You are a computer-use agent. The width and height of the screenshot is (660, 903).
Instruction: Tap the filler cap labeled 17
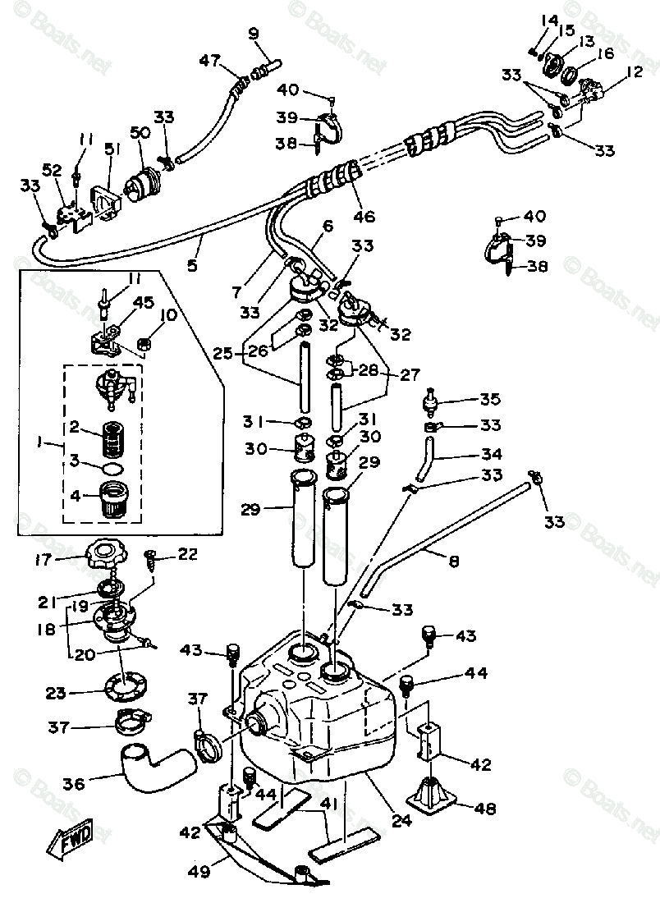coord(108,555)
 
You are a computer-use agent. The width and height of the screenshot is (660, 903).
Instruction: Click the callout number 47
coord(210,61)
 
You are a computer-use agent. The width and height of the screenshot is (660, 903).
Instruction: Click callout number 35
coord(490,400)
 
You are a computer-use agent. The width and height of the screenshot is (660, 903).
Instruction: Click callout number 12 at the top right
coord(634,72)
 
